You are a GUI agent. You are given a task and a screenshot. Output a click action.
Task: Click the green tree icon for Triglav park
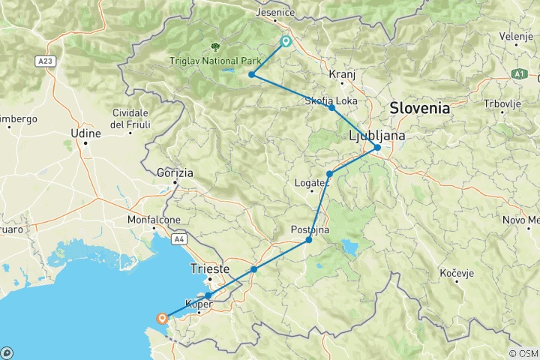click(x=217, y=46)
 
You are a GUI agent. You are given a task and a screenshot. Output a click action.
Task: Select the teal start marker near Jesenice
click(x=286, y=42)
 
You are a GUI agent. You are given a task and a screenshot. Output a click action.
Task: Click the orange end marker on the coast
click(x=161, y=319)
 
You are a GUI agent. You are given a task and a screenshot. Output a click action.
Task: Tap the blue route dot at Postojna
click(x=309, y=240)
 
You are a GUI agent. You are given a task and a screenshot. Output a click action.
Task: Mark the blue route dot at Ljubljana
click(x=377, y=148)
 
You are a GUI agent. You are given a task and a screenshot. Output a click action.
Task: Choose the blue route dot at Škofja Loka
click(x=331, y=108)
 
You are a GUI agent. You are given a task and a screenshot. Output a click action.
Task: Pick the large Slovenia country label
click(x=419, y=108)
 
